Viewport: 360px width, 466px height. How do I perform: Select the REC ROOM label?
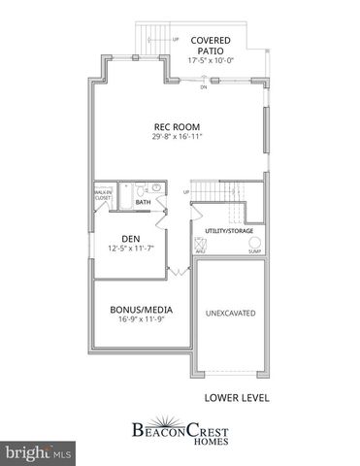coord(176,126)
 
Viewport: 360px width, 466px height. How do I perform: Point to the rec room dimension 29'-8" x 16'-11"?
coord(176,137)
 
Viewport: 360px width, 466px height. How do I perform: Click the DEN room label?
coord(132,238)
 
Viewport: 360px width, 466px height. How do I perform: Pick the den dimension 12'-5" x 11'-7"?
coord(132,249)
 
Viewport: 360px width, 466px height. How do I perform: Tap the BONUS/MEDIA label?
coord(135,311)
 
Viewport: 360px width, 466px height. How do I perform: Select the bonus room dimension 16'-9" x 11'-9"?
coord(135,321)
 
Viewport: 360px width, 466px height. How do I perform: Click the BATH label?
coord(143,202)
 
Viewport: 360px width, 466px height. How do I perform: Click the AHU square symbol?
coord(200,243)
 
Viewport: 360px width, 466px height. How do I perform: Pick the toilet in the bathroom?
coord(140,187)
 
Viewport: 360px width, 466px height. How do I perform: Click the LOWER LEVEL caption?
coord(236,397)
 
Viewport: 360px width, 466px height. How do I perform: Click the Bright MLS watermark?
coord(39,452)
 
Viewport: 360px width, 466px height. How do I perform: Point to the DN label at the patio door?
coord(204,88)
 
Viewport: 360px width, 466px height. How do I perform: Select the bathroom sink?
coord(157,188)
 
